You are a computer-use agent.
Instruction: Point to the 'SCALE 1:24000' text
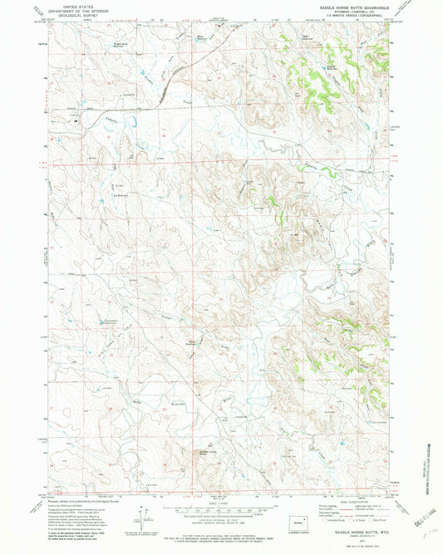(220, 503)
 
